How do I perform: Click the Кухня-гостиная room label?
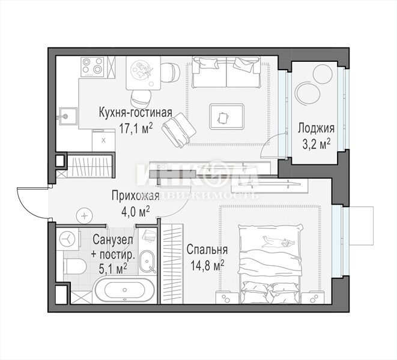click(x=136, y=113)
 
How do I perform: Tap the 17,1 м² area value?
click(x=136, y=128)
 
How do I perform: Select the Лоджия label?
click(x=316, y=128)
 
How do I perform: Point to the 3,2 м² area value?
click(x=317, y=144)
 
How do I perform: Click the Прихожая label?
click(x=136, y=196)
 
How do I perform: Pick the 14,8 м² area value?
click(x=207, y=266)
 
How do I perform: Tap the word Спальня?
click(x=207, y=250)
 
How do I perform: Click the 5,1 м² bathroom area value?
click(x=113, y=269)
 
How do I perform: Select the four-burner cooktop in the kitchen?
click(x=92, y=67)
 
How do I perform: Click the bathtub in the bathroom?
click(x=124, y=290)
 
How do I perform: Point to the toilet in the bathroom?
click(x=74, y=266)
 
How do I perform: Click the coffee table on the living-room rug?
click(x=227, y=117)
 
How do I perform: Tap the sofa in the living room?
click(x=226, y=72)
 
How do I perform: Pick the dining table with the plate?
click(x=144, y=73)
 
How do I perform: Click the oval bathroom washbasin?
click(x=147, y=262)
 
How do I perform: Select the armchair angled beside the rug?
click(x=180, y=130)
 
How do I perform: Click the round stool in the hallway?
click(x=84, y=216)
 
